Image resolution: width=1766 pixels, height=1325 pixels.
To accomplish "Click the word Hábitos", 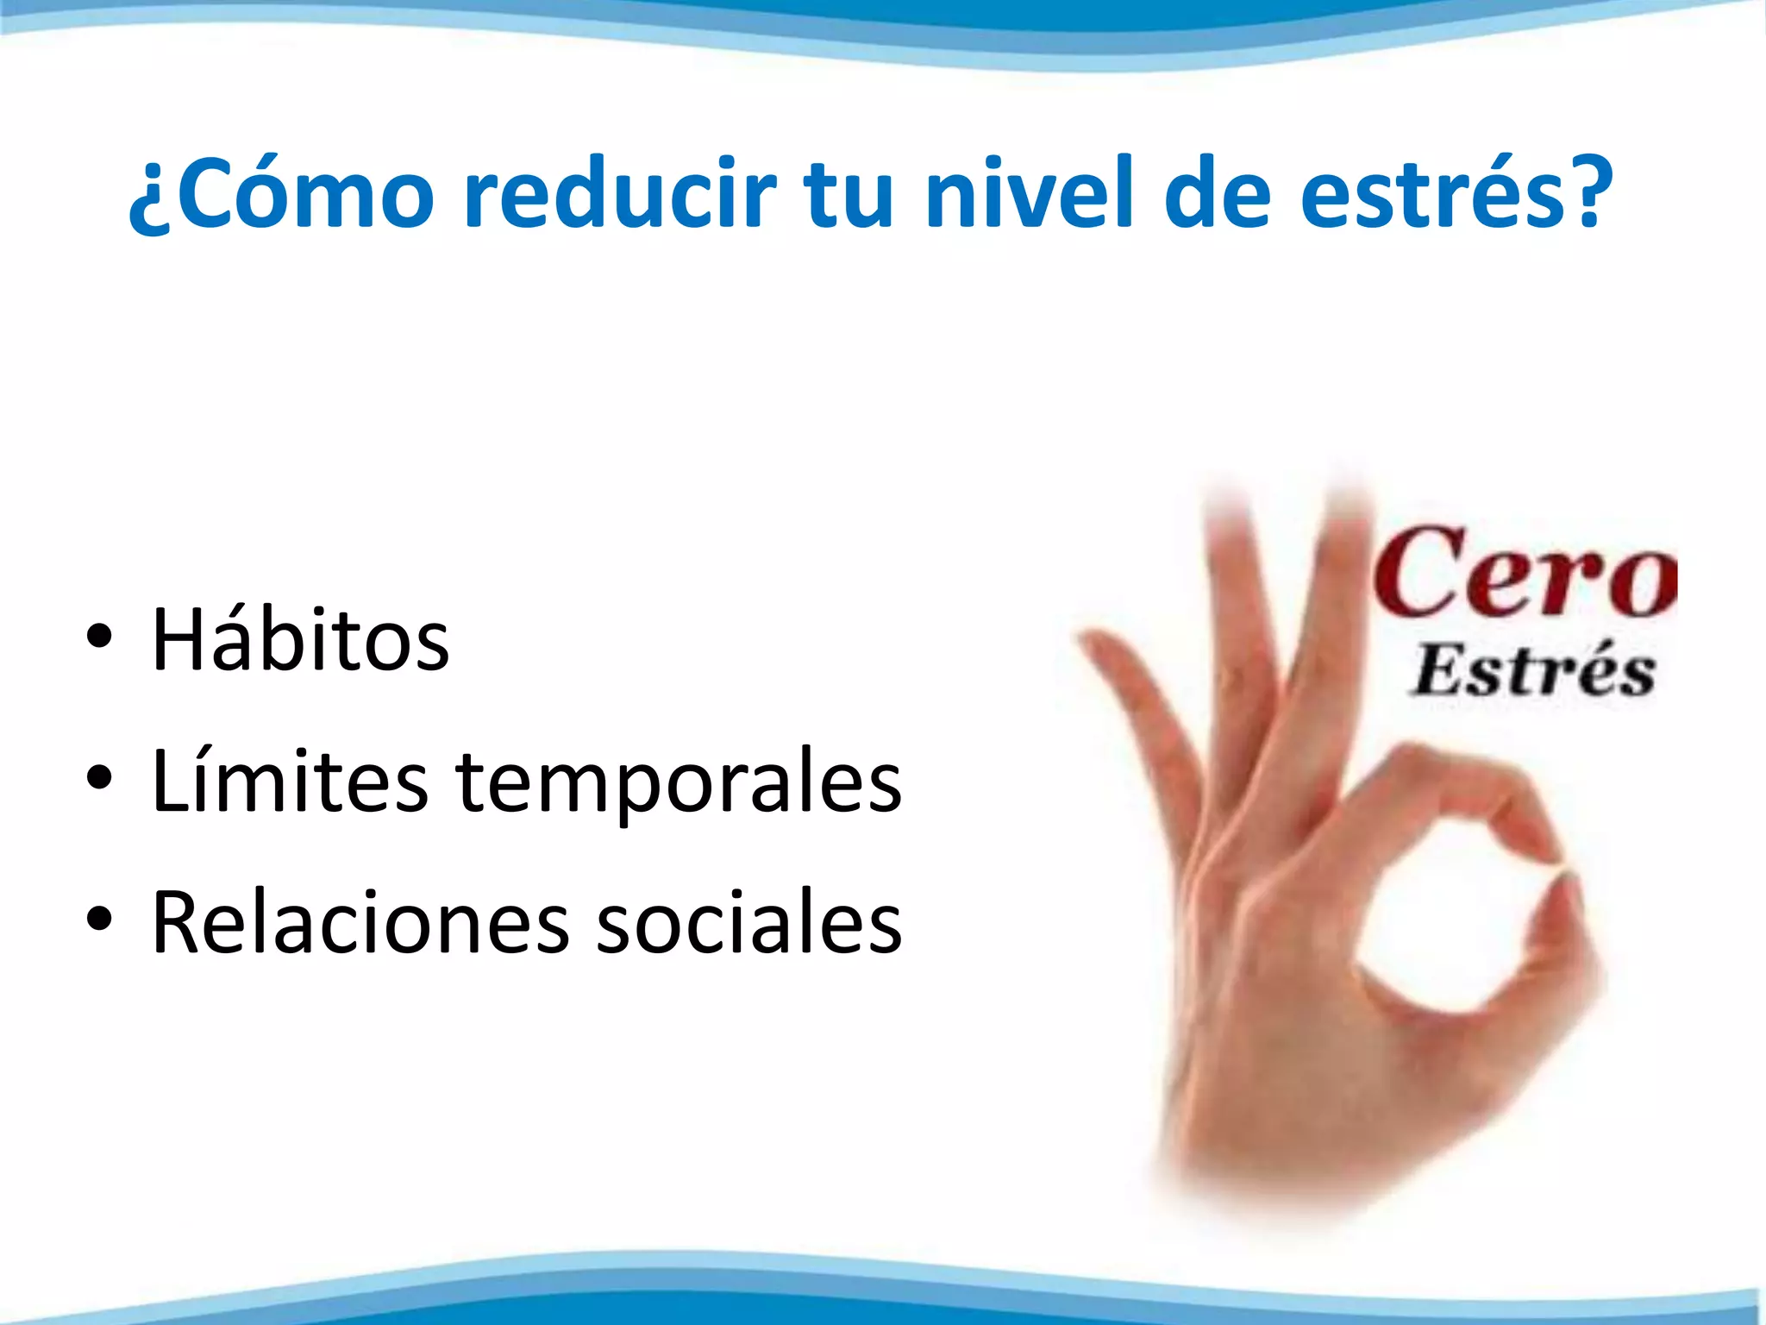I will coord(300,640).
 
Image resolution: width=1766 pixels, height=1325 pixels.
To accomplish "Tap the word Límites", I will coord(289,782).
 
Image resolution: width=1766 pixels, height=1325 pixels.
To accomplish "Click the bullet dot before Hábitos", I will coord(99,637).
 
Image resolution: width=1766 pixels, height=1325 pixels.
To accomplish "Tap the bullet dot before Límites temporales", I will coord(99,779).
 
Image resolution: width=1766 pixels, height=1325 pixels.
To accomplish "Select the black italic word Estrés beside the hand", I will coord(1533,672).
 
